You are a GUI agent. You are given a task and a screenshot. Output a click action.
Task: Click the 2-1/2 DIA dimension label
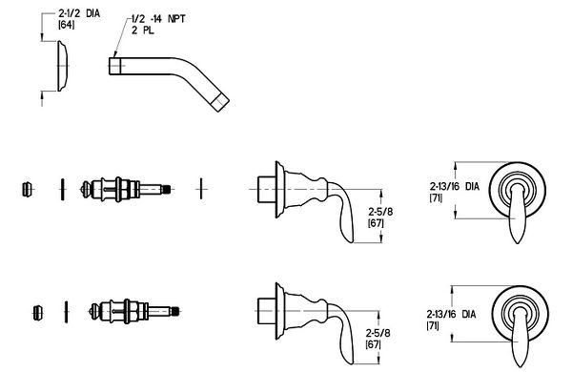[79, 14]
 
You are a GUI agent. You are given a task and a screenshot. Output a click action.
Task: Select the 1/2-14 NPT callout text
[158, 19]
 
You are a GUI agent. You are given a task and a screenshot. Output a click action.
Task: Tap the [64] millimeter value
[67, 25]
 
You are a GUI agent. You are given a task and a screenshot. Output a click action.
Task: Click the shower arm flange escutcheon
[62, 66]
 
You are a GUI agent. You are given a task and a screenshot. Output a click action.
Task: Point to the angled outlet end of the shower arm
[221, 102]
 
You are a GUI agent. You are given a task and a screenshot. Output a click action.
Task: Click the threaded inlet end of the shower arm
[115, 66]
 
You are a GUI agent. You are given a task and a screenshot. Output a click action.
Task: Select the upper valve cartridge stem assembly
[126, 189]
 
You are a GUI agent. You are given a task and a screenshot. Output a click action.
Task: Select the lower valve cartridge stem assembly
[135, 311]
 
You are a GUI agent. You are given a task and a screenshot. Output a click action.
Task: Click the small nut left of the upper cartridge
[27, 189]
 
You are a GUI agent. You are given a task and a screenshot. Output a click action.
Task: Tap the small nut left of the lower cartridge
[38, 313]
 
